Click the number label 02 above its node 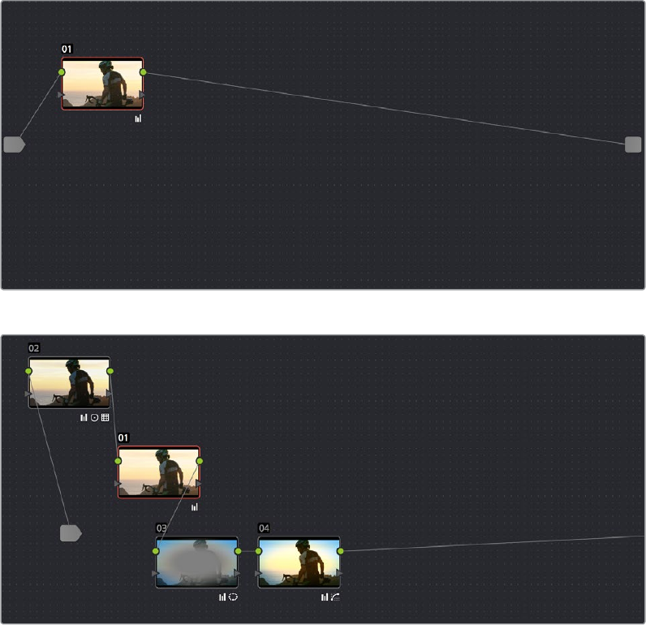tap(34, 348)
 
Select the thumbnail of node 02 tap(69, 383)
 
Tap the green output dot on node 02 tap(110, 371)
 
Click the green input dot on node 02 tap(28, 371)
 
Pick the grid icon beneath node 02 tap(105, 417)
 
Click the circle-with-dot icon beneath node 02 tap(94, 417)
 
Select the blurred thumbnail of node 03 tap(196, 562)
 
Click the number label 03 tap(161, 528)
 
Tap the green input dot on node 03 tap(156, 551)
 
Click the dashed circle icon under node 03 tap(233, 597)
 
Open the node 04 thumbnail tap(299, 562)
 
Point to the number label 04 tap(264, 528)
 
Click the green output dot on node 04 tap(340, 551)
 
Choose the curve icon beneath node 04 tap(335, 597)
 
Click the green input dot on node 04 tap(259, 551)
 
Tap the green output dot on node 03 tap(238, 551)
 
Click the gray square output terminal tap(633, 144)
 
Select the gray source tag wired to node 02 tap(71, 533)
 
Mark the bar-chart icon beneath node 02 tap(84, 417)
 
